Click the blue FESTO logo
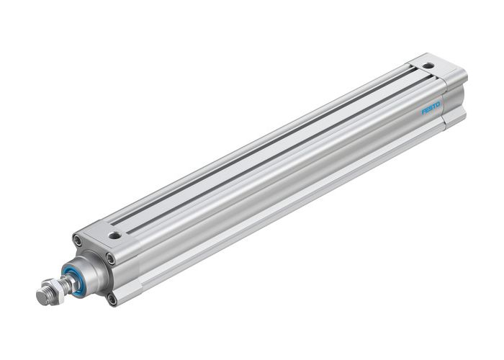[431, 109]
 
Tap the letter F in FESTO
[423, 112]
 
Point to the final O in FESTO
[438, 105]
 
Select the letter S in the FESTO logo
[431, 109]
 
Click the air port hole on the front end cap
[114, 235]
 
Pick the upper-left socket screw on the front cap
[77, 240]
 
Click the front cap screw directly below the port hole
[110, 258]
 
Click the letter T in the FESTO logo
[434, 107]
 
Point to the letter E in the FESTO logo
[427, 111]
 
